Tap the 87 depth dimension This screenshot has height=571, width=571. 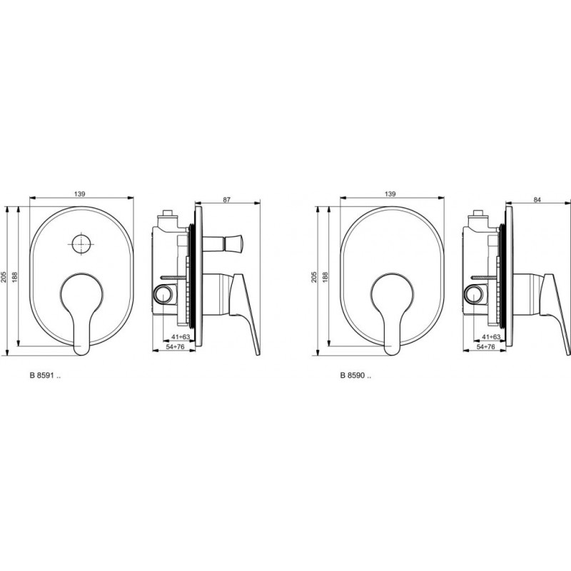point(227,200)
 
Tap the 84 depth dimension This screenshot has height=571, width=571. point(537,200)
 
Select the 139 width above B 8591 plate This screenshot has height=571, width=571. point(79,194)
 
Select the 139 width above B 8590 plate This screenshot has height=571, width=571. point(390,194)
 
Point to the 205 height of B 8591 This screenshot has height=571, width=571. point(4,277)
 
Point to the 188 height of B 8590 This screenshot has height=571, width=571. point(325,277)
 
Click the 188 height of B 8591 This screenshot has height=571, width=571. point(15,277)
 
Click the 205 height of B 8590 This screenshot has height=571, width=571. point(315,277)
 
